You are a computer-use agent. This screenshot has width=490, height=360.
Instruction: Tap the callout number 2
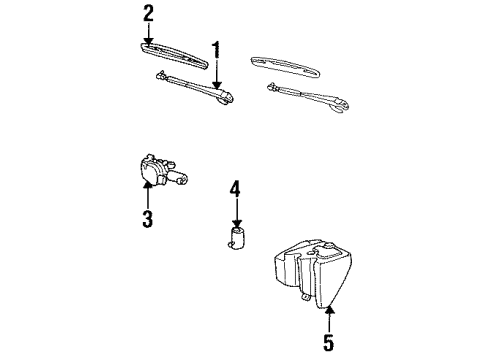pos(148,13)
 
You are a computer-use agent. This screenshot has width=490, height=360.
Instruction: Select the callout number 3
pos(147,218)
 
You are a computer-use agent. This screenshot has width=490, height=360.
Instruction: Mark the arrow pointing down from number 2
pos(148,32)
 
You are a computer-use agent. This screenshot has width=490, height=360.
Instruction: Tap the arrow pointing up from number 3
pos(147,196)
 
